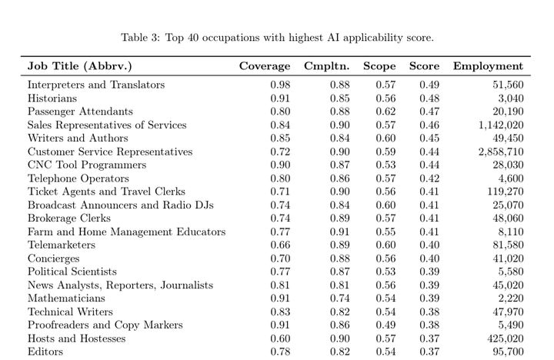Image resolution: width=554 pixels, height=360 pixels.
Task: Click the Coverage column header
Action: tap(264, 66)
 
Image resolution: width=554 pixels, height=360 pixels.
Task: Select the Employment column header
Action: tap(488, 66)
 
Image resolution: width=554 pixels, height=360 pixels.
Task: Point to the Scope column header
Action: tap(379, 66)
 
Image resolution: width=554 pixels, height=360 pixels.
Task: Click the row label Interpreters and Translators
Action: tap(96, 85)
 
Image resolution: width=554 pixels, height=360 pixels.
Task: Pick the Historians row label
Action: tap(52, 98)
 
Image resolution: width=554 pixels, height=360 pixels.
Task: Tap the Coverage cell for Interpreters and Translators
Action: tap(280, 85)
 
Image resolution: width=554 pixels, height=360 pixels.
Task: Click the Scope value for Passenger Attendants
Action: tap(386, 112)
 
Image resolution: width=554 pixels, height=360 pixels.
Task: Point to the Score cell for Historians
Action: tap(429, 98)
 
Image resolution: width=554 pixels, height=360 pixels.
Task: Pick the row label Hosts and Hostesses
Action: tap(77, 338)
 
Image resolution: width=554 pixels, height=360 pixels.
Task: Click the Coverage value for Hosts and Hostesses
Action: tap(280, 338)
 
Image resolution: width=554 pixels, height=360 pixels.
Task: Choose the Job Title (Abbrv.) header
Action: tap(80, 66)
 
